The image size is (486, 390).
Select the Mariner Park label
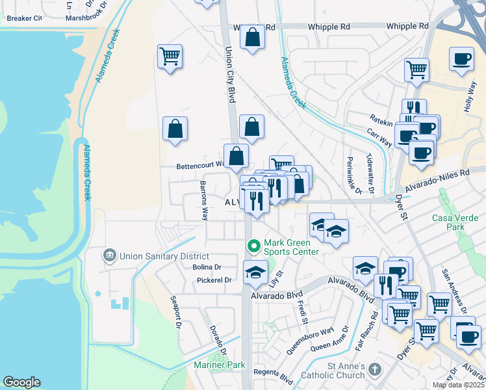(219, 365)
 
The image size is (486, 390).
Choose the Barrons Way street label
(203, 201)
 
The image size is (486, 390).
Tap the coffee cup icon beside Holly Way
(462, 59)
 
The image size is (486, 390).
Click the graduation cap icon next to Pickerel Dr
(255, 272)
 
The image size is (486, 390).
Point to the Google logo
(21, 382)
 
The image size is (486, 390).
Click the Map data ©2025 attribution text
(458, 385)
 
